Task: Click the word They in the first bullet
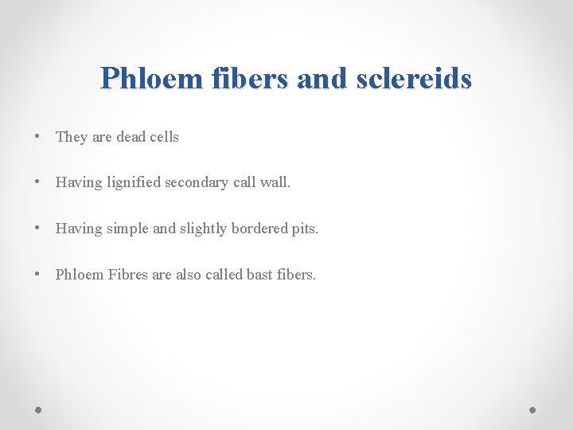point(72,137)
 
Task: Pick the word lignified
point(133,183)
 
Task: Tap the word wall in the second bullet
point(275,182)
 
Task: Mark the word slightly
point(203,229)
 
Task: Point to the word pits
point(305,229)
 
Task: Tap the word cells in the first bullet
point(165,137)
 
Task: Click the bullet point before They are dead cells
point(38,137)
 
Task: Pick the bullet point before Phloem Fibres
point(38,275)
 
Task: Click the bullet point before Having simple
point(38,229)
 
